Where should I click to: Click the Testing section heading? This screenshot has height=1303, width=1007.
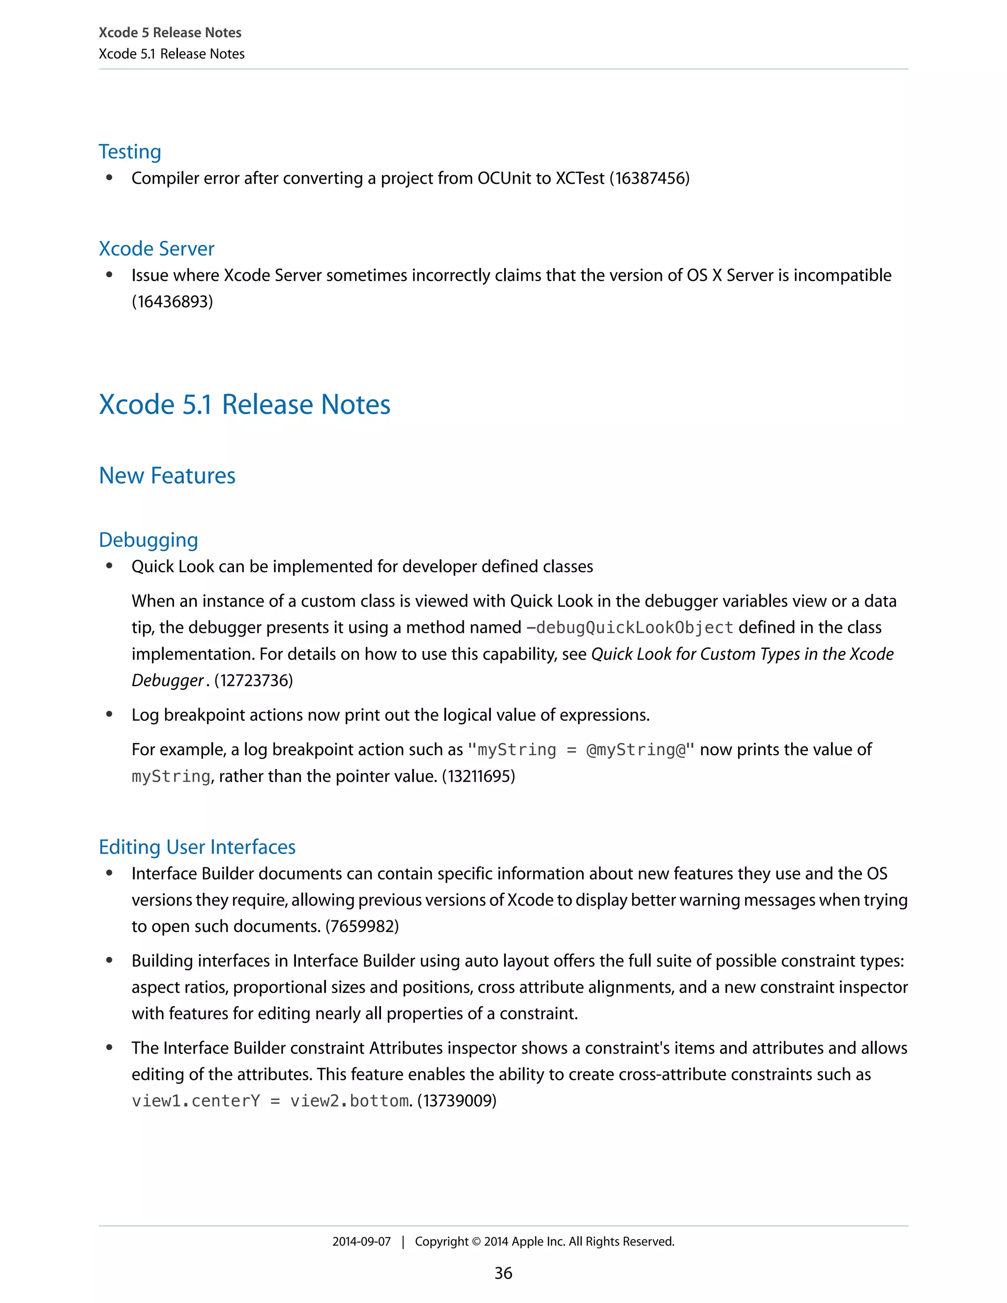129,151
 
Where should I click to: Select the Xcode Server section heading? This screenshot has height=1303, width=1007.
156,249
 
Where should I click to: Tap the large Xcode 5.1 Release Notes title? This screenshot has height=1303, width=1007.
244,405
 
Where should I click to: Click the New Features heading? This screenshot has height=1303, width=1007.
167,475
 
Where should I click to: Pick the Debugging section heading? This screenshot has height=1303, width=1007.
148,540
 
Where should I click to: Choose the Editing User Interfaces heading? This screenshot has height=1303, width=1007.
197,847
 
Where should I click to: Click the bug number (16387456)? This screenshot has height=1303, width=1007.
649,178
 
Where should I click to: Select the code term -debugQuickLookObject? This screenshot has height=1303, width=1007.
629,627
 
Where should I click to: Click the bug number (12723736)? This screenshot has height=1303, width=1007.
253,681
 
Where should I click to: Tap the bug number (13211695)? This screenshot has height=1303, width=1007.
478,776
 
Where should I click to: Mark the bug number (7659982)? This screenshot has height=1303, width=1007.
361,926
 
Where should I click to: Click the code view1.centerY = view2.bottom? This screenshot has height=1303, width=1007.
271,1101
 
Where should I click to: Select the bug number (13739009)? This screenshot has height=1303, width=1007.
456,1101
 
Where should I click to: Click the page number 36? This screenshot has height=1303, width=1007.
503,1273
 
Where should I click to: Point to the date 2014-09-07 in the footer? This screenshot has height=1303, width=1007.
361,1242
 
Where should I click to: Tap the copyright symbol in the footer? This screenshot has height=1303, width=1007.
475,1242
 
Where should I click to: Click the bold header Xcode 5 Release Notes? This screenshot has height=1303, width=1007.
170,33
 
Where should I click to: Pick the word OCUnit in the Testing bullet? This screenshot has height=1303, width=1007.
514,178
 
